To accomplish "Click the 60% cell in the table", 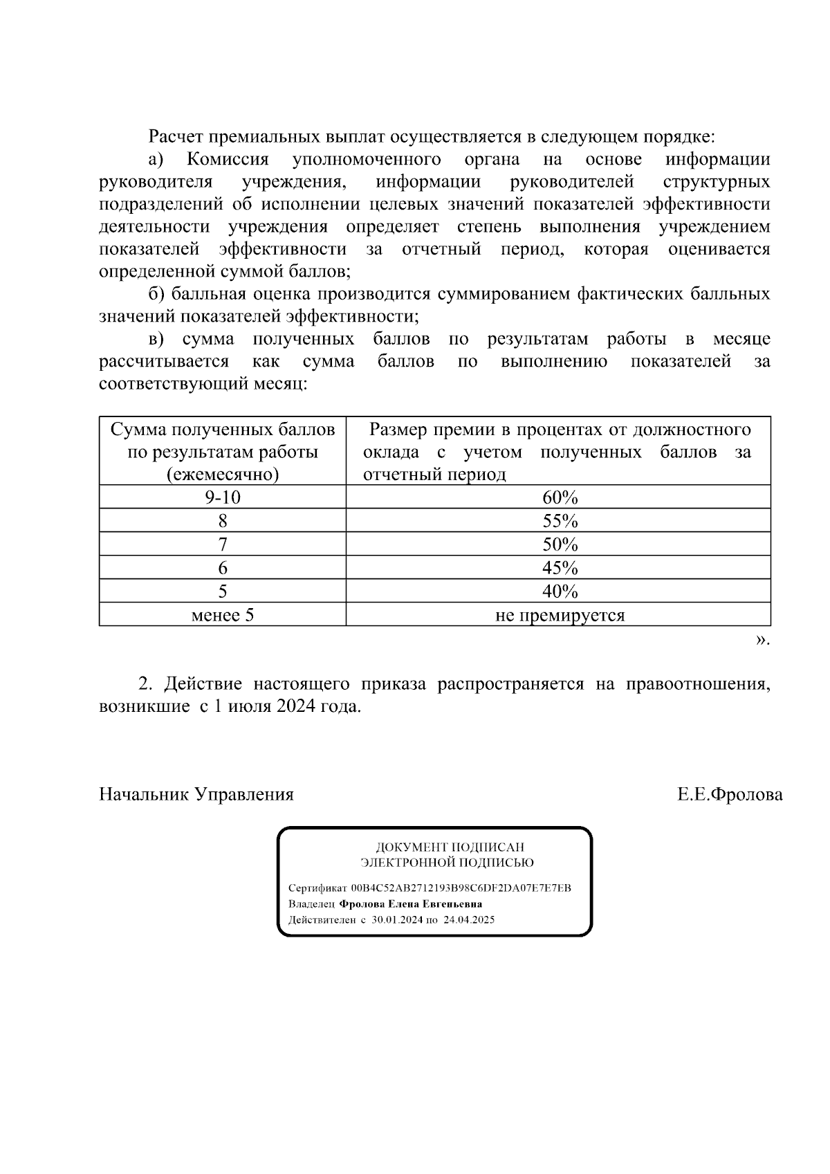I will [560, 497].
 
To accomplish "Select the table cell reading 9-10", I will [223, 497].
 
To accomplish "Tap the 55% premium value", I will [560, 521].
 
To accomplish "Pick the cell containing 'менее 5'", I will [223, 615].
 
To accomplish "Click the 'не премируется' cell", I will [560, 615].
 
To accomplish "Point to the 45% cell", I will [560, 568].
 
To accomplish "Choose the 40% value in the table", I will [560, 591].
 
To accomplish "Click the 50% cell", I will [560, 544].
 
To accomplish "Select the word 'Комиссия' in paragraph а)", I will [228, 160].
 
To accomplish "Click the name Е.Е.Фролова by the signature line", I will [730, 794].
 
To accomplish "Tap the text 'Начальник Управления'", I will [196, 794].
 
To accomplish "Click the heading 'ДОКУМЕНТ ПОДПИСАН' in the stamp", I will [450, 847].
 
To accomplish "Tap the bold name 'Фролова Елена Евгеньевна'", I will [410, 904].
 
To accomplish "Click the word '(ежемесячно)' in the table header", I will [223, 475].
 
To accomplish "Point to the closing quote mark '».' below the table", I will [762, 640].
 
